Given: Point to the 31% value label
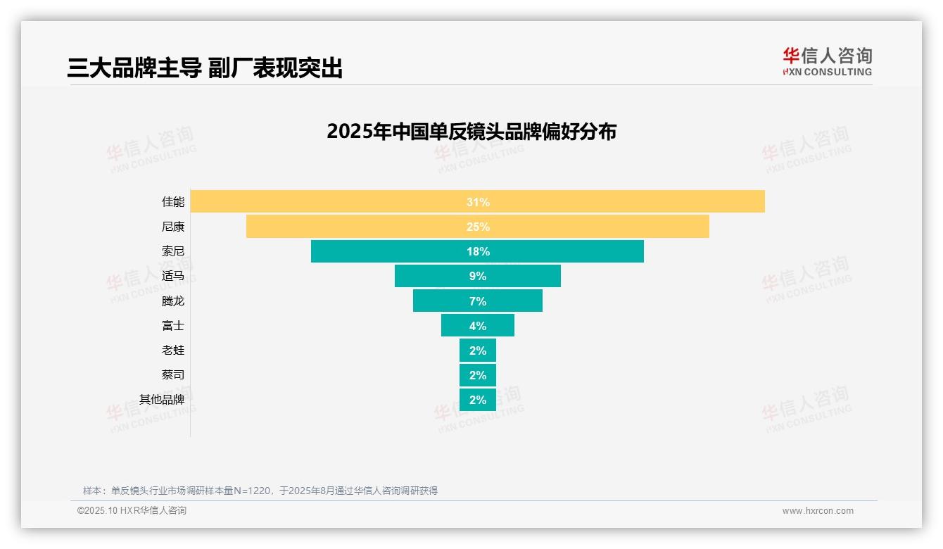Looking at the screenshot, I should [x=478, y=202].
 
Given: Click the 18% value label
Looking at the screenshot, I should [x=478, y=251].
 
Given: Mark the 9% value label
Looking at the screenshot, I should [x=478, y=276].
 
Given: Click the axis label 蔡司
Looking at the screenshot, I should [x=172, y=374].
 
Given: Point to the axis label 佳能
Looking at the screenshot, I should [x=172, y=202].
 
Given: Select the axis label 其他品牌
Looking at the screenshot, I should [x=162, y=399].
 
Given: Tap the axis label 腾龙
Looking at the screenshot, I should [x=172, y=301].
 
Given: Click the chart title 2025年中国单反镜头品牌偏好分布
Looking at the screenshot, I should [x=471, y=132].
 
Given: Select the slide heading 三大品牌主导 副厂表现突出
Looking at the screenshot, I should [x=205, y=68].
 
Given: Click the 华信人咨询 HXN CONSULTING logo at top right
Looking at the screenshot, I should [x=827, y=61].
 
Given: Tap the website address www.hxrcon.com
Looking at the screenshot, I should [x=818, y=511].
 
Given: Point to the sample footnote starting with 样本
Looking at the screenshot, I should [x=260, y=491].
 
